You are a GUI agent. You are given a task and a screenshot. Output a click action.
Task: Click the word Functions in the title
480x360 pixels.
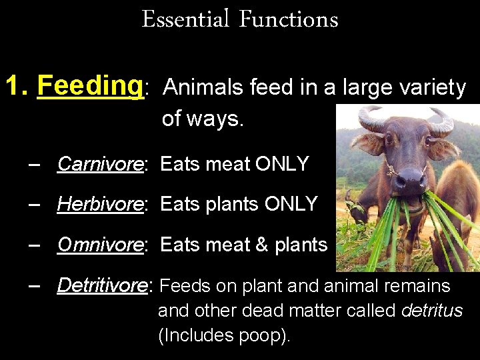(x=288, y=19)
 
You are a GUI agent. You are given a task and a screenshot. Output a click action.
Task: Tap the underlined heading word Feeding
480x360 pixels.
(x=91, y=86)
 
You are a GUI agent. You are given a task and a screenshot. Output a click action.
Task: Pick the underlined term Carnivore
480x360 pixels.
(x=100, y=164)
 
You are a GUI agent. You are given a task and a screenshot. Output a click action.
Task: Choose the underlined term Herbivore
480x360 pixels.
(x=100, y=204)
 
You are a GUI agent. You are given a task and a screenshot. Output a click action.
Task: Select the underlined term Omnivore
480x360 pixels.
(x=100, y=245)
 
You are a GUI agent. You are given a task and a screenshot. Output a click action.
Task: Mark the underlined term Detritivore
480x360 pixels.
(x=104, y=285)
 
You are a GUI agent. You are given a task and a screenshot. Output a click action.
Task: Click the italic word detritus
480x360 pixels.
(x=432, y=311)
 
